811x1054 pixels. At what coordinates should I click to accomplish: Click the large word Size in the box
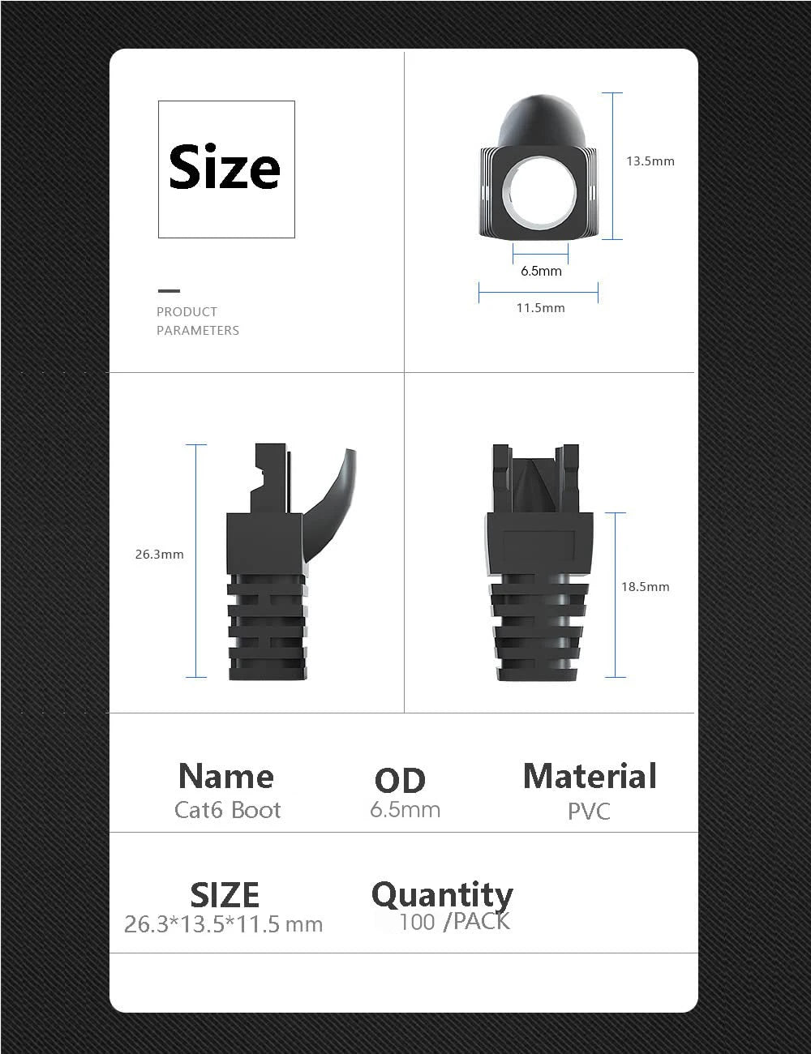click(x=225, y=168)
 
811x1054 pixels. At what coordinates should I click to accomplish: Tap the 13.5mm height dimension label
click(x=650, y=161)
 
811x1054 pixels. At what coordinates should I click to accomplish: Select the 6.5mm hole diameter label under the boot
click(x=541, y=271)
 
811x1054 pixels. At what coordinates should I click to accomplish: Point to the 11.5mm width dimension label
click(x=540, y=308)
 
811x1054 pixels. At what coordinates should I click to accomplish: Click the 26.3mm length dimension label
click(x=159, y=555)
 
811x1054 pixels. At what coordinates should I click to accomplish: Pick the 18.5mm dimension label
click(x=645, y=587)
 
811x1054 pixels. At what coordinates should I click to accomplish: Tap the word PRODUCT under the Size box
click(x=187, y=312)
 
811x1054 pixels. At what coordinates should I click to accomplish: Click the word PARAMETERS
click(x=197, y=331)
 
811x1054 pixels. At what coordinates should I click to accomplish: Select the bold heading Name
click(x=225, y=776)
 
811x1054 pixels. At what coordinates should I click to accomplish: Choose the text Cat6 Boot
click(x=227, y=810)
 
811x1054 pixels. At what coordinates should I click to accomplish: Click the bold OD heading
click(x=400, y=781)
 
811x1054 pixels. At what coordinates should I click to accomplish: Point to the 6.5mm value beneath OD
click(x=405, y=810)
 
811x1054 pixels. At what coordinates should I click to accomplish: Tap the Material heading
click(x=590, y=776)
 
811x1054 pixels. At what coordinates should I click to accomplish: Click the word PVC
click(x=589, y=811)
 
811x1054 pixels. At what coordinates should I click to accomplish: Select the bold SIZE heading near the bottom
click(x=225, y=895)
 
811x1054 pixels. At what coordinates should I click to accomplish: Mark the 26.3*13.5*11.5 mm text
click(x=223, y=924)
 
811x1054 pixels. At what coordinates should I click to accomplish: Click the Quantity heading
click(x=442, y=895)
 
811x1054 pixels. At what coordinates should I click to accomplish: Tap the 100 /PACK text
click(x=454, y=922)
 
